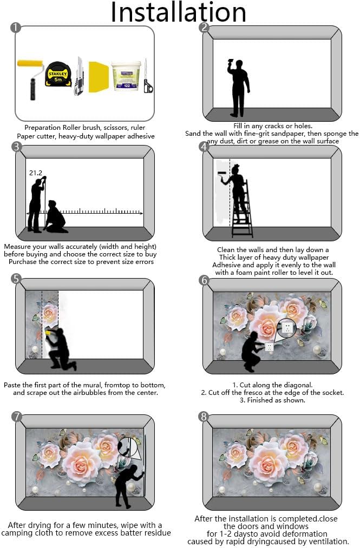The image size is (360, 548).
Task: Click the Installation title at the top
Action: click(179, 12)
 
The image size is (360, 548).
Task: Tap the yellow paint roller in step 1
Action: click(31, 79)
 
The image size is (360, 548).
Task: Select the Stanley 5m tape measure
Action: click(58, 74)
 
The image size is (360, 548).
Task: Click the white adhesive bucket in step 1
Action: click(126, 76)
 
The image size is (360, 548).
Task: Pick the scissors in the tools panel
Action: click(148, 77)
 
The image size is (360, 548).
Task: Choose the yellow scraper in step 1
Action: click(99, 77)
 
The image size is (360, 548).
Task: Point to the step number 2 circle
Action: click(204, 28)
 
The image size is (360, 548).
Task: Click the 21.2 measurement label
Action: click(36, 173)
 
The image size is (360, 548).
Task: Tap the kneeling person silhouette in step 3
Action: click(55, 217)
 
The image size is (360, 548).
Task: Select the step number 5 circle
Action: click(16, 279)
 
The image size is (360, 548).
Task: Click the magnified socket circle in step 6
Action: click(286, 327)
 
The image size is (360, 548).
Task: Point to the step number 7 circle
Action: click(16, 417)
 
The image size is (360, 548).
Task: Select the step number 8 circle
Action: click(204, 417)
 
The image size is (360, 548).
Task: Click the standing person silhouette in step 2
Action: click(239, 88)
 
